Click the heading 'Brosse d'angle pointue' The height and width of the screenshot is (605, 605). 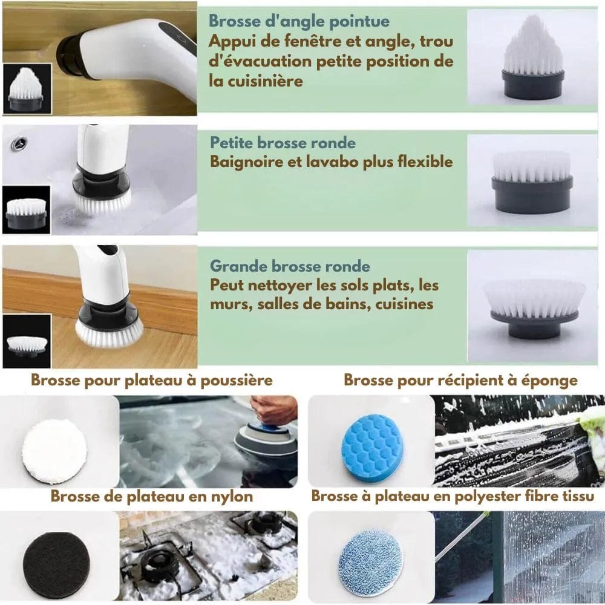[299, 21]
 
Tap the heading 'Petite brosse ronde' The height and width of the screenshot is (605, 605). [283, 143]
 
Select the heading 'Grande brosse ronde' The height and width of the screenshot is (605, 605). [290, 266]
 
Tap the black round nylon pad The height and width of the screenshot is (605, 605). [56, 560]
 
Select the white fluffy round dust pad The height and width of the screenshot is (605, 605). [54, 452]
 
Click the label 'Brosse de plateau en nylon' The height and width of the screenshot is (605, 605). [152, 497]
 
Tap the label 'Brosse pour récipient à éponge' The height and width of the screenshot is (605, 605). [460, 381]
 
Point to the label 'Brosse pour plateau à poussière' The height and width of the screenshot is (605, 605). [152, 380]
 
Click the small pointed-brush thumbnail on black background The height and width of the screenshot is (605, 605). [27, 89]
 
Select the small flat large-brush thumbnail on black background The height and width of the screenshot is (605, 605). [27, 341]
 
